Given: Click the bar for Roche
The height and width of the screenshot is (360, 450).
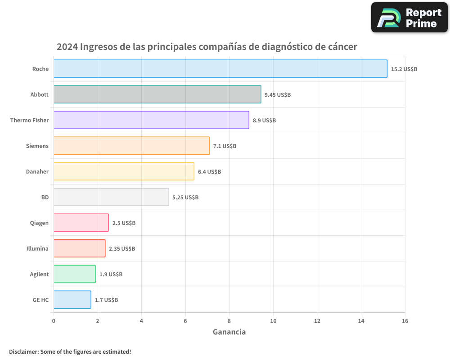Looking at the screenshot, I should pyautogui.click(x=220, y=69).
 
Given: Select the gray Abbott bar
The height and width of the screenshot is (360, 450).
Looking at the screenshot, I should pyautogui.click(x=157, y=94).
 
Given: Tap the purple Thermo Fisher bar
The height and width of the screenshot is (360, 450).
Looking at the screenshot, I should pyautogui.click(x=151, y=120).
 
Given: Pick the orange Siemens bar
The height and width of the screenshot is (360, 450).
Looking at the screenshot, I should pyautogui.click(x=131, y=146).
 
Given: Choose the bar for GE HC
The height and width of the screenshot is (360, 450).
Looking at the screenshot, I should pyautogui.click(x=72, y=300).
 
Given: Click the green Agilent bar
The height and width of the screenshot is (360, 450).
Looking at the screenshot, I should pyautogui.click(x=74, y=274).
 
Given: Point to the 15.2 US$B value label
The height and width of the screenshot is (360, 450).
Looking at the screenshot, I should pyautogui.click(x=404, y=69).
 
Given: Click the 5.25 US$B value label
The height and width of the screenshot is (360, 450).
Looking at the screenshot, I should pyautogui.click(x=185, y=198).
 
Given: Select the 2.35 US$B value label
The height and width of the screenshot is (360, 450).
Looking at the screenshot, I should pyautogui.click(x=122, y=249).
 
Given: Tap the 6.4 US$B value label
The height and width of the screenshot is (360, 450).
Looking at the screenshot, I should pyautogui.click(x=209, y=172).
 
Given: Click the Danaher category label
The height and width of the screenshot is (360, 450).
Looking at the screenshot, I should pyautogui.click(x=37, y=171).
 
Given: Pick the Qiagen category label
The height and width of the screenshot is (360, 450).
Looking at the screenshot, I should pyautogui.click(x=39, y=223).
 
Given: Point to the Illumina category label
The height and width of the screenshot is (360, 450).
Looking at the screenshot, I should pyautogui.click(x=37, y=248).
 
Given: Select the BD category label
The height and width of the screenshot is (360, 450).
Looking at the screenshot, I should pyautogui.click(x=45, y=197).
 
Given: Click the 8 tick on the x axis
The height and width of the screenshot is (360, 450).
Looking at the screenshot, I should pyautogui.click(x=229, y=321).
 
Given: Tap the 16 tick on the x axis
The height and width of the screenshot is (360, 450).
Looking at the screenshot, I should pyautogui.click(x=405, y=321).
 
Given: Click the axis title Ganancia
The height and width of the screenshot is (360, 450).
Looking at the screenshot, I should pyautogui.click(x=229, y=332).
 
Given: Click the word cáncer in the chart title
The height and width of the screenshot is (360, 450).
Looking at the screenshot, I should pyautogui.click(x=342, y=47).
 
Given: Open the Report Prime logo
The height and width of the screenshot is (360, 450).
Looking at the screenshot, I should pyautogui.click(x=409, y=18).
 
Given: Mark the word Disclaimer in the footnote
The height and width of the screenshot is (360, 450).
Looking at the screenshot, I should pyautogui.click(x=23, y=351).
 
